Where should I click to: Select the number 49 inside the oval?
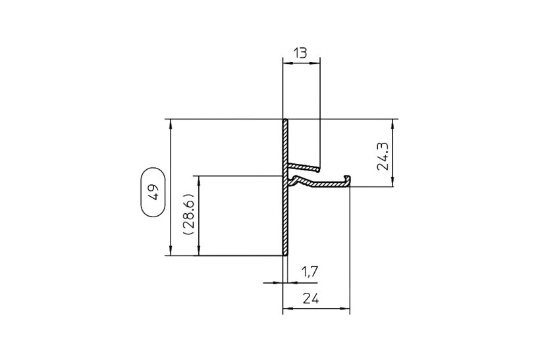pyautogui.click(x=153, y=192)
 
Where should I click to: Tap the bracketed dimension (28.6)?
pyautogui.click(x=187, y=215)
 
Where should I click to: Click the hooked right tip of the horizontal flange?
pyautogui.click(x=348, y=178)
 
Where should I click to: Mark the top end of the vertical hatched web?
pyautogui.click(x=286, y=122)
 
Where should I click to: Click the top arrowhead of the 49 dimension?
pyautogui.click(x=171, y=123)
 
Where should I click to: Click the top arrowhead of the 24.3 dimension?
pyautogui.click(x=394, y=123)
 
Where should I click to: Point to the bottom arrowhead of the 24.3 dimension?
pyautogui.click(x=394, y=185)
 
